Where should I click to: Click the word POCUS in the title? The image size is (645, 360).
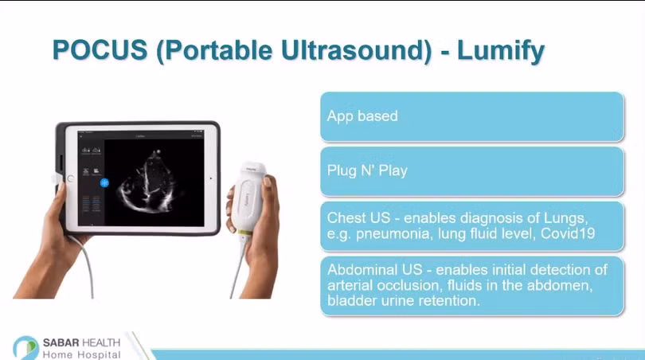tap(100, 50)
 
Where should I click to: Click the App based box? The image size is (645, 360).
tap(472, 116)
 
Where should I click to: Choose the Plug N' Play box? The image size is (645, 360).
tap(472, 171)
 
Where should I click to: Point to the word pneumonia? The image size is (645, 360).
tap(394, 234)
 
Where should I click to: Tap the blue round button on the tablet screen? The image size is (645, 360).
tap(104, 182)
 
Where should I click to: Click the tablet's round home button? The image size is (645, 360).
tap(70, 179)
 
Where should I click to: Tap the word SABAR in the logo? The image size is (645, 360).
tap(61, 342)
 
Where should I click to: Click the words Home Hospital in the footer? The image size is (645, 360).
tap(81, 354)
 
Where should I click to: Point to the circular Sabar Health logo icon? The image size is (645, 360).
tap(25, 348)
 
